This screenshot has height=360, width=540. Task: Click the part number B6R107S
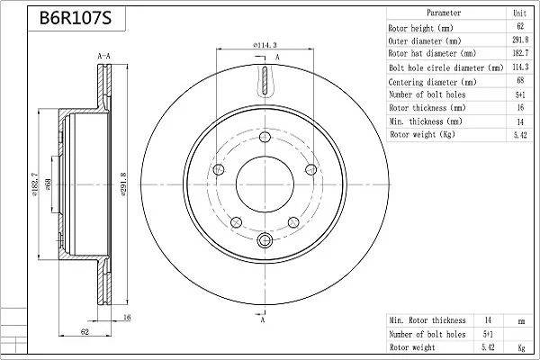[76, 18]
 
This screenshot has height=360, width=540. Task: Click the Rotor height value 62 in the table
[520, 26]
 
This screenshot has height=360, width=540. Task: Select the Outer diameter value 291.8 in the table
[520, 40]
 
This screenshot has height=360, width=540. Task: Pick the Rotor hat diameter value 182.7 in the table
[520, 53]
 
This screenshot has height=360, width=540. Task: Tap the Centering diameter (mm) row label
[432, 82]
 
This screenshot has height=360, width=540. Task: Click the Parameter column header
[444, 13]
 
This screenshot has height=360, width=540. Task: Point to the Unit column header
[519, 13]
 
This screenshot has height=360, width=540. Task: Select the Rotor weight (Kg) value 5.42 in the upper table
[520, 135]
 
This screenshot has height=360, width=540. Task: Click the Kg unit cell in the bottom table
[521, 348]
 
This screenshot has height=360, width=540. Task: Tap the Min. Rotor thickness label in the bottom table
[427, 320]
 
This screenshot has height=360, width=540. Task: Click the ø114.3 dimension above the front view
[265, 45]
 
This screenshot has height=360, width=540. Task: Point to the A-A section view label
[103, 56]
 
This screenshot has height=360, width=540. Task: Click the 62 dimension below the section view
[85, 331]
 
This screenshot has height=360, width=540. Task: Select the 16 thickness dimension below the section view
[127, 317]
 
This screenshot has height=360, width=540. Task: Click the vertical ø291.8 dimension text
[124, 184]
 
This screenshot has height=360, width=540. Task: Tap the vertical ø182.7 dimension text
[35, 185]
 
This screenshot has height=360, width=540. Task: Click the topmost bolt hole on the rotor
[265, 137]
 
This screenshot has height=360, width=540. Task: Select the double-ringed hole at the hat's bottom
[265, 240]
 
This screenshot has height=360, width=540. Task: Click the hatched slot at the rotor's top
[265, 80]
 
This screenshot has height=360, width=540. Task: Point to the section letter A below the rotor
[263, 320]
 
